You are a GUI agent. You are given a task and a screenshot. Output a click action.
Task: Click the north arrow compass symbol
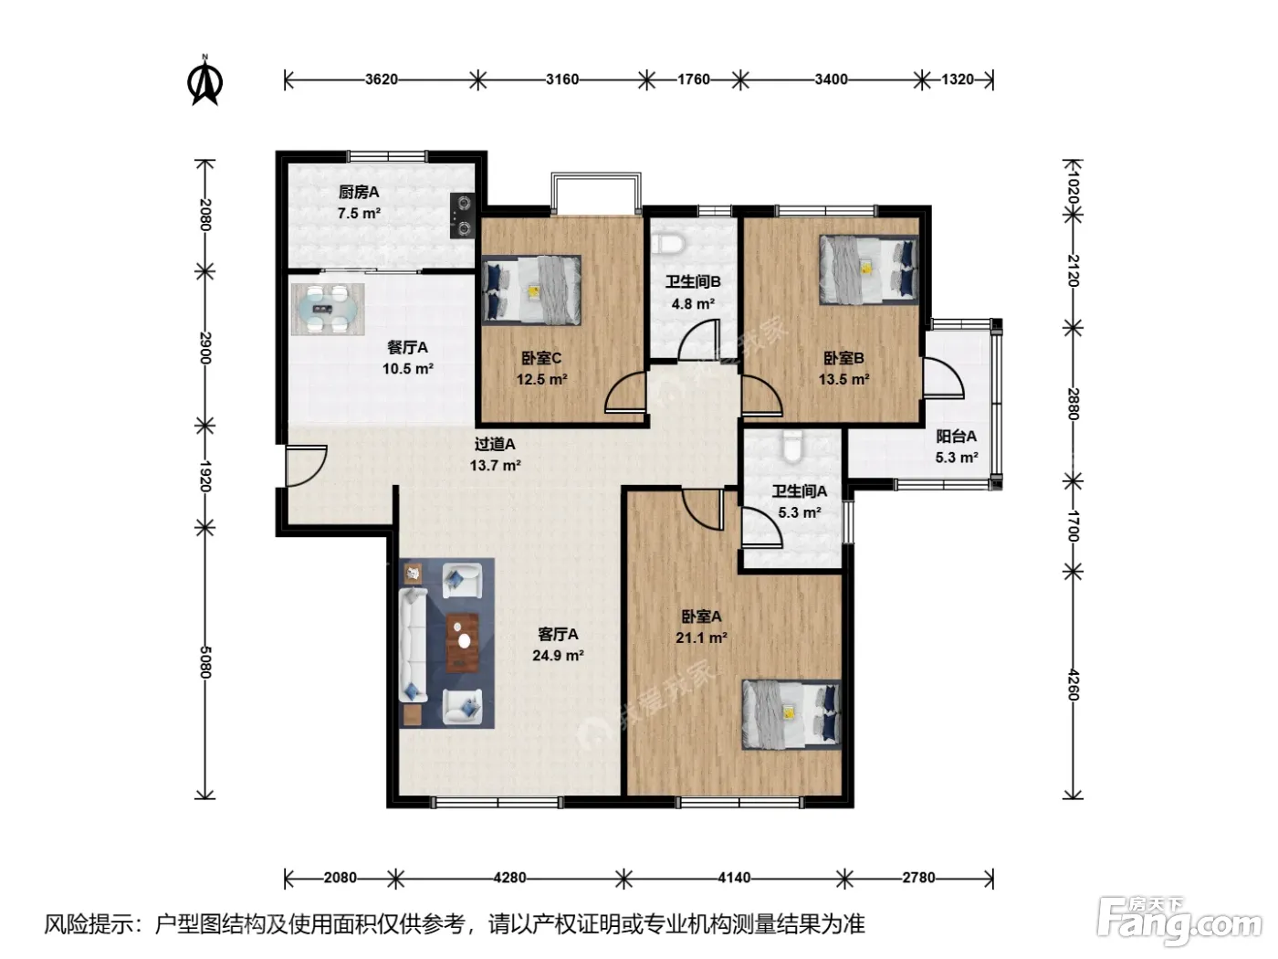click(204, 80)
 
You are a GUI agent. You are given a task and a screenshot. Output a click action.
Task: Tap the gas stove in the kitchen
click(463, 216)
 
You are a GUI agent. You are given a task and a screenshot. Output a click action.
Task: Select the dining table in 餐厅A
click(328, 310)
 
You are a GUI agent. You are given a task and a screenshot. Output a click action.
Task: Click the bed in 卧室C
click(531, 290)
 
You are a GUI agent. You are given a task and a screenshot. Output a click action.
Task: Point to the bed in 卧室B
click(869, 269)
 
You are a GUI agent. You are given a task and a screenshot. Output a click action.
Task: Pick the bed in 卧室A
click(791, 714)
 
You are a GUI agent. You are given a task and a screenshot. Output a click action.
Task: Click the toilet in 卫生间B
click(667, 244)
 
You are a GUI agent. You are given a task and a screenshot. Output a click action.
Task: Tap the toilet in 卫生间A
click(791, 447)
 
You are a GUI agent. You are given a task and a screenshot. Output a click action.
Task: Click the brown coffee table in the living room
click(463, 642)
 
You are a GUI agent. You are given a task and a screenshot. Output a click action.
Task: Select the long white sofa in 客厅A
click(413, 645)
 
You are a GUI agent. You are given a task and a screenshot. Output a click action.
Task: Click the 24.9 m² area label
click(558, 656)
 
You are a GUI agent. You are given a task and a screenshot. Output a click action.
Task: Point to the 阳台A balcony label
click(956, 437)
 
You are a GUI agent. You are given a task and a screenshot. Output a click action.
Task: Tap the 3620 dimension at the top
click(382, 79)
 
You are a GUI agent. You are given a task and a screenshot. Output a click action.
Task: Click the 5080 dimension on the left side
click(205, 662)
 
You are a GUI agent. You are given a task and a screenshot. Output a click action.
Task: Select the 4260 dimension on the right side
click(1074, 685)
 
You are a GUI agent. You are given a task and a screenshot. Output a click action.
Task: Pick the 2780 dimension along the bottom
click(918, 877)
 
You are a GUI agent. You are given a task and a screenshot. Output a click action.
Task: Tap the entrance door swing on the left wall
click(306, 466)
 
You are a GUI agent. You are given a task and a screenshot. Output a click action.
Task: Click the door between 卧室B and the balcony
click(943, 378)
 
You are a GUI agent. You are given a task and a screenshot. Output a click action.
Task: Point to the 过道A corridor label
click(495, 444)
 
